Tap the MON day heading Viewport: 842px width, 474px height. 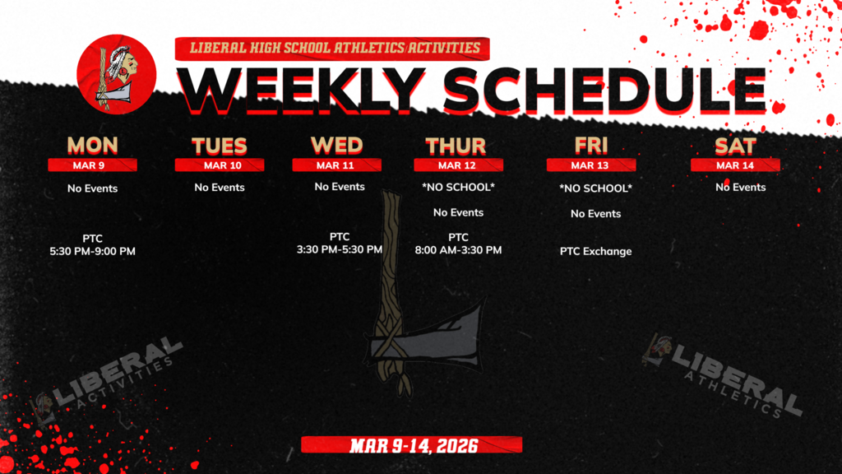tap(92, 146)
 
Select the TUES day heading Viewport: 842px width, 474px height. tap(219, 146)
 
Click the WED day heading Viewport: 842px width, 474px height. tap(336, 146)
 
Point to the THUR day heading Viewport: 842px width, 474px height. tap(455, 146)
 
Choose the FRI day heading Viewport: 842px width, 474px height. tap(590, 146)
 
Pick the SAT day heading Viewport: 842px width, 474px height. tap(734, 146)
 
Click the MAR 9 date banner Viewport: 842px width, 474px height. tap(92, 165)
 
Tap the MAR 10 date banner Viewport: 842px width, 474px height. tap(219, 165)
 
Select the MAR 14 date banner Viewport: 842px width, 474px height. tap(734, 165)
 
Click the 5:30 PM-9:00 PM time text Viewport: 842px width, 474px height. tap(92, 251)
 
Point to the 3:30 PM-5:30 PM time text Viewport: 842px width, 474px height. tap(340, 249)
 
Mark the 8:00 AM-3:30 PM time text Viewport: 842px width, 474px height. tap(458, 249)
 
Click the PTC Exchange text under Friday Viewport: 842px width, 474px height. tap(595, 251)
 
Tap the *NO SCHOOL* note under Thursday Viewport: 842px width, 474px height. tap(458, 188)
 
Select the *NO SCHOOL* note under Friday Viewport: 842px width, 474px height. tap(595, 188)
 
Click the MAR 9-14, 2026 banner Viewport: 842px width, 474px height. tap(411, 445)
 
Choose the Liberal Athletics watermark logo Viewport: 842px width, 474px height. tap(724, 374)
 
